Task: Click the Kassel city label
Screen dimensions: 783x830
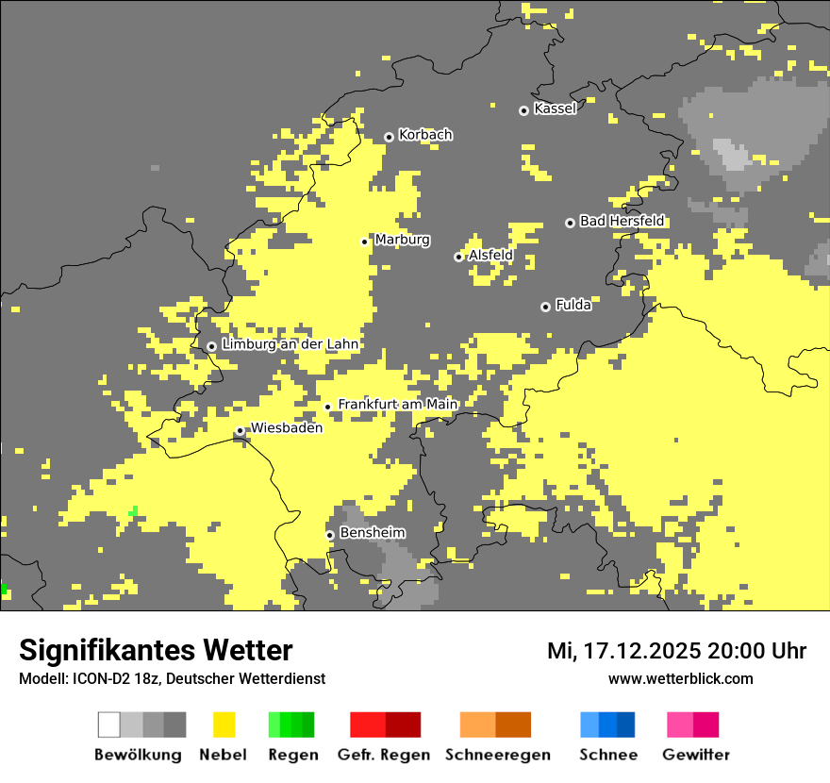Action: pos(555,108)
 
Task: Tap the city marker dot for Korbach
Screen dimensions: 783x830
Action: pos(389,138)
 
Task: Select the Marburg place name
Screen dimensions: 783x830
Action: pos(402,240)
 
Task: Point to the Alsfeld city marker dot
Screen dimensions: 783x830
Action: pos(458,257)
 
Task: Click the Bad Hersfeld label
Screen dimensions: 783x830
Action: pos(622,221)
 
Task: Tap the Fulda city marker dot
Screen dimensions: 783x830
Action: pos(545,307)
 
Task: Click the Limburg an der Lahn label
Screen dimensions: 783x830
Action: pos(290,344)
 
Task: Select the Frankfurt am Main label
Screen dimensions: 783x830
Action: pos(397,404)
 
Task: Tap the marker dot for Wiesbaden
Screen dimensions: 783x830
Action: pos(241,431)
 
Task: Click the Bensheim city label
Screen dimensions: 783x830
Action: pos(372,533)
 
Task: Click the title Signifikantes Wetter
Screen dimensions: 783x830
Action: pos(156,650)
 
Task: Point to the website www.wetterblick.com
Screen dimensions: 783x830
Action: pos(680,678)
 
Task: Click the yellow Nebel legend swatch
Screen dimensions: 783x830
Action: pos(224,725)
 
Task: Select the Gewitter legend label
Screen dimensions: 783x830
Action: pos(695,755)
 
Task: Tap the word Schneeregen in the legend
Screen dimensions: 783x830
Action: pos(497,755)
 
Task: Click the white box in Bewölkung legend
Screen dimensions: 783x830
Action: pos(109,725)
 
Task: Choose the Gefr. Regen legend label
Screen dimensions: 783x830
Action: pos(383,755)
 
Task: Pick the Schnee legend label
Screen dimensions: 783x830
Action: pos(607,755)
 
